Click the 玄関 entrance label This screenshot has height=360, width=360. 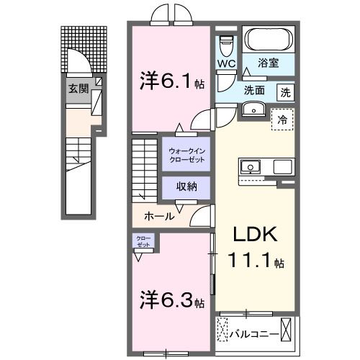point(78,89)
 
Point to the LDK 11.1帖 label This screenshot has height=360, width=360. point(253,247)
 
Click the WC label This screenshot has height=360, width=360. point(226,63)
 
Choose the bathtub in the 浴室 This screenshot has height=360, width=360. point(267,39)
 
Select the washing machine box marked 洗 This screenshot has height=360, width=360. point(286,91)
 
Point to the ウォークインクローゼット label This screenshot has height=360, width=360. point(186,154)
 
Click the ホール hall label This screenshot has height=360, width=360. point(158,215)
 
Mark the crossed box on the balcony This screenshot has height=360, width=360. point(287,332)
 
